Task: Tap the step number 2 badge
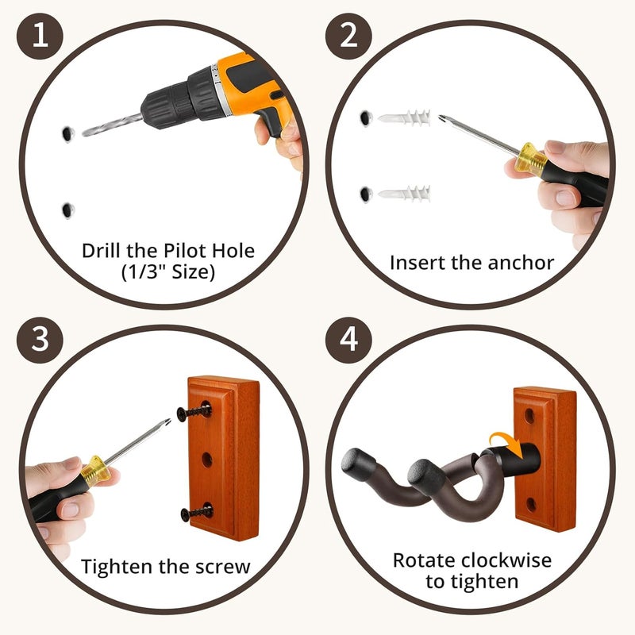click(349, 37)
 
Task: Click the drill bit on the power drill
click(112, 123)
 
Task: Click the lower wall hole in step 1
click(67, 210)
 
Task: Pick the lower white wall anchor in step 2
click(404, 193)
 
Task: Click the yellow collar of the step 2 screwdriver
click(530, 160)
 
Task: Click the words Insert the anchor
click(471, 263)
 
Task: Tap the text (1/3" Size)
click(168, 272)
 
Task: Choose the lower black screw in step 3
click(195, 512)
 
